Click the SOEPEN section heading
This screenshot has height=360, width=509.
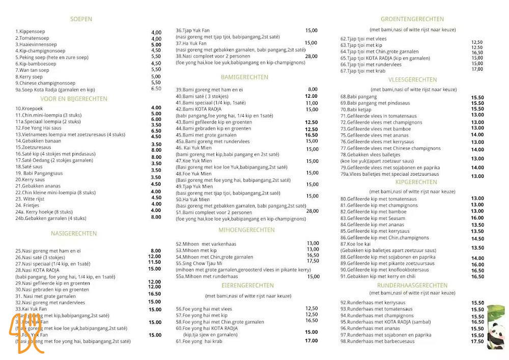point(81,19)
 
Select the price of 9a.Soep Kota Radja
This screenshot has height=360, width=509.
point(156,89)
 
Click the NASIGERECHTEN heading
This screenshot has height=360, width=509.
point(74,234)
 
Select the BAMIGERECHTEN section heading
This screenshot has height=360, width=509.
point(244,77)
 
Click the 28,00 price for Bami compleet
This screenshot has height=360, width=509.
point(312,211)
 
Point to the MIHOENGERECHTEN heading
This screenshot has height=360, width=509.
point(246,230)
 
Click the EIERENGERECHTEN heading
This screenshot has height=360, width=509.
point(246,286)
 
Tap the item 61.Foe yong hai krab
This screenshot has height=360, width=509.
point(204,341)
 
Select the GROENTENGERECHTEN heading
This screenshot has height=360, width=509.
point(412,19)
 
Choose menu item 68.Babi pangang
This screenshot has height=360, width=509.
point(358,97)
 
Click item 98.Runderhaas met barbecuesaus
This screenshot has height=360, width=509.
point(377,341)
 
